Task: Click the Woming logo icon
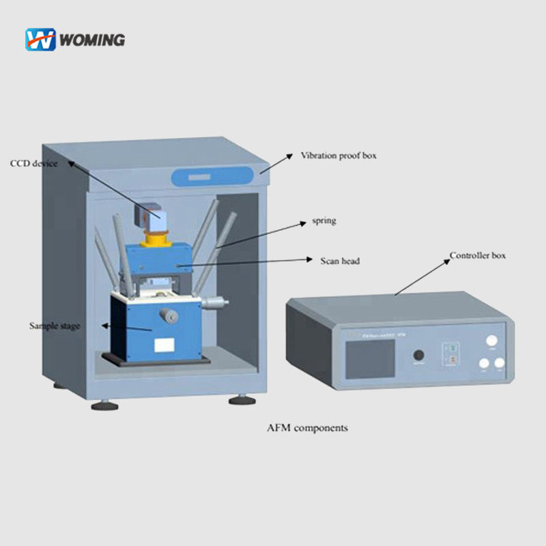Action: point(40,40)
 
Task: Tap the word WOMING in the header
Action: point(92,40)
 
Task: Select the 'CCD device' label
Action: point(33,164)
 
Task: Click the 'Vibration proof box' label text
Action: point(339,156)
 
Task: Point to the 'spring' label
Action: point(324,221)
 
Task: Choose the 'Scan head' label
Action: point(340,260)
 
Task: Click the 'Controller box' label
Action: point(478,256)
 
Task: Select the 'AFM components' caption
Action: point(307,428)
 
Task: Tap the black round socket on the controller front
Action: point(418,356)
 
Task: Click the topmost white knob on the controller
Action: point(491,341)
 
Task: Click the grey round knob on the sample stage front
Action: point(169,317)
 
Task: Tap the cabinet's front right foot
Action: point(242,400)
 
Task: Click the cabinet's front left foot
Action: point(104,405)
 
